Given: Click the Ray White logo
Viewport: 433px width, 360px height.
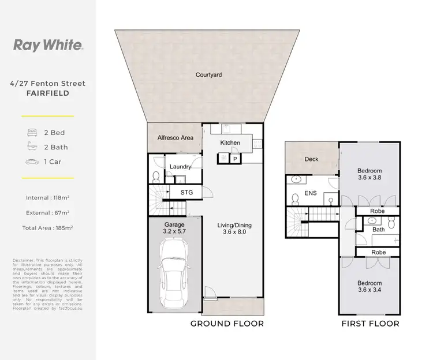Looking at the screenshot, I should point(47,45).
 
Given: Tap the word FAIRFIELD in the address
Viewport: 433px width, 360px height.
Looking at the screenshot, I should point(47,92).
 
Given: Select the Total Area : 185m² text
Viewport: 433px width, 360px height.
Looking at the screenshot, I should point(47,228).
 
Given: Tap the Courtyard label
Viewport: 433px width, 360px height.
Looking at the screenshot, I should point(208,75).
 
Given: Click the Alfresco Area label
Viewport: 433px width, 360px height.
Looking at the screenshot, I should point(174,138).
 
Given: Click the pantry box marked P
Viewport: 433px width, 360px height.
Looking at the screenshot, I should point(236,157).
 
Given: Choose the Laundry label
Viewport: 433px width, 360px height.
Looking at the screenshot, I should point(180,167).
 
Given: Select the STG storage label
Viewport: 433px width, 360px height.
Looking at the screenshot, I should point(186,192).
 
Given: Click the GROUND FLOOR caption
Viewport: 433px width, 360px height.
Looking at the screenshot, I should point(227,324).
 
